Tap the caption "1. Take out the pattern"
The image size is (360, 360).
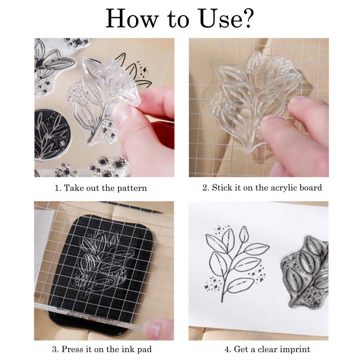coord(101,188)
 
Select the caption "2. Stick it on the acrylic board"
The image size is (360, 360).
coord(262,188)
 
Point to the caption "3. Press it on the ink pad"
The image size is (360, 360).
coord(102,349)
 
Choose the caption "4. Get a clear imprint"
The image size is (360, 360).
coord(267,349)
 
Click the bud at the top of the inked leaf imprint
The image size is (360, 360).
coord(243,233)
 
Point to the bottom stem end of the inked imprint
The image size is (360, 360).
coord(222,300)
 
